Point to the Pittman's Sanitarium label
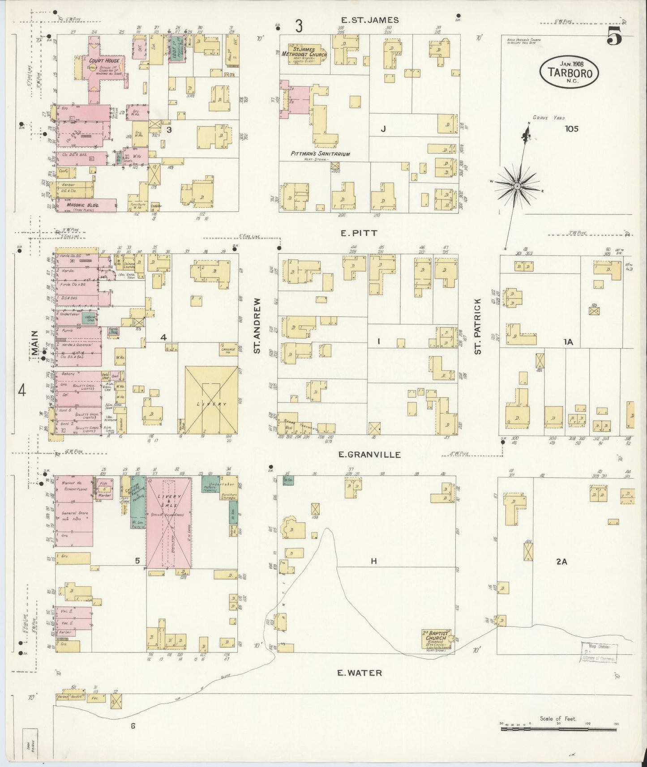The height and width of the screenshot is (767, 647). (320, 153)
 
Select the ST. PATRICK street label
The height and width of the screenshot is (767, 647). (478, 326)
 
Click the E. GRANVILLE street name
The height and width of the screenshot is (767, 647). (369, 455)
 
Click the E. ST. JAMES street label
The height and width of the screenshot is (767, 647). (369, 20)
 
